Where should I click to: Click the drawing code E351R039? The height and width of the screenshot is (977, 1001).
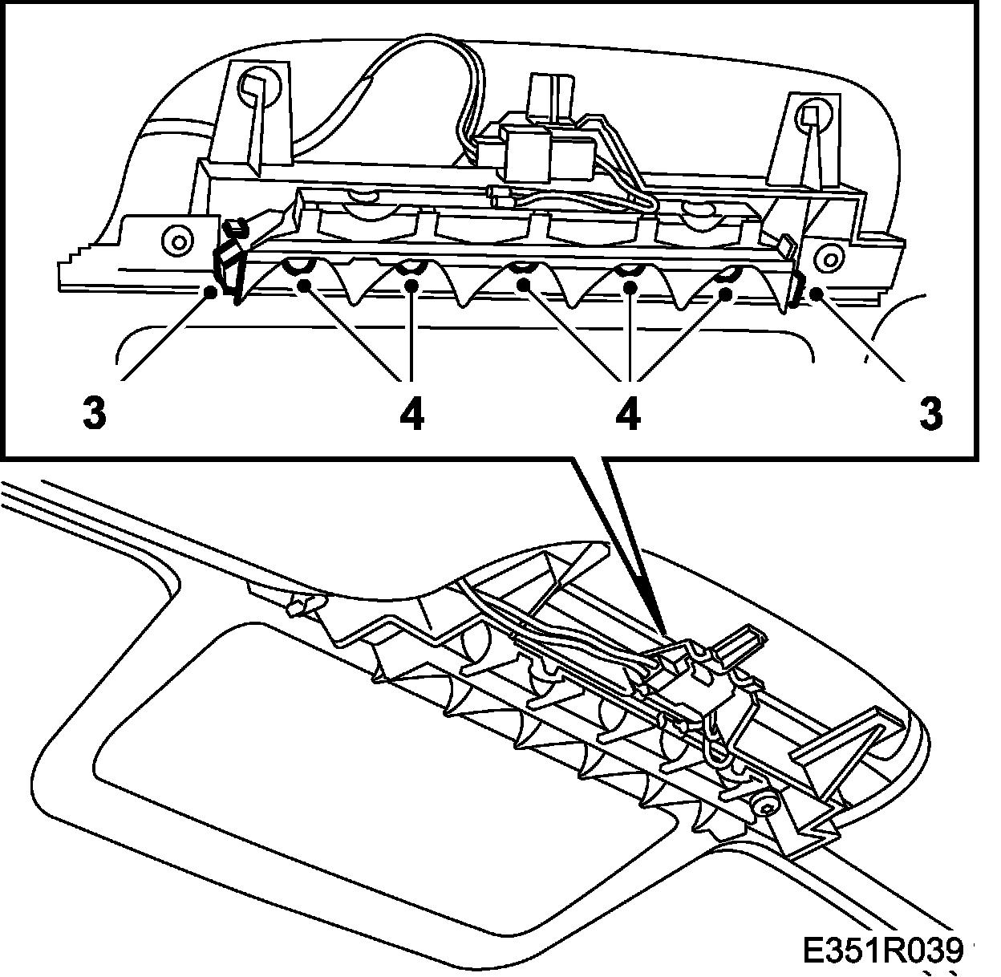(x=881, y=951)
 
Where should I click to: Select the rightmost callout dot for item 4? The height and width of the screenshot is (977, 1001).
(x=723, y=294)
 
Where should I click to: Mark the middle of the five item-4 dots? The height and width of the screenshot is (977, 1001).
(x=522, y=285)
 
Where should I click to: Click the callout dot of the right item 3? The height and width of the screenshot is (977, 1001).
(x=817, y=294)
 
